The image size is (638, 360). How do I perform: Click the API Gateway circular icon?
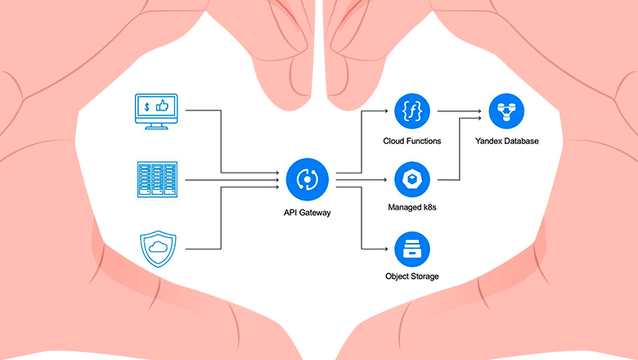(308, 179)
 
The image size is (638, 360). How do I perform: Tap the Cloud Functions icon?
(412, 111)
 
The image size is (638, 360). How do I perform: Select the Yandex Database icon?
(506, 111)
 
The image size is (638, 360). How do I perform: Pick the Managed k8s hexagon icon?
(412, 179)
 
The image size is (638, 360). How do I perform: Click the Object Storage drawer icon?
(412, 250)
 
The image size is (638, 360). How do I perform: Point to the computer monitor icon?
(156, 111)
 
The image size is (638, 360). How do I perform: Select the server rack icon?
(158, 179)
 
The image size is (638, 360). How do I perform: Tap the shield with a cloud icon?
(159, 249)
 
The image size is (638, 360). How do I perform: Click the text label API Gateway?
(308, 213)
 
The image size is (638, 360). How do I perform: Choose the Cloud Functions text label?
(412, 142)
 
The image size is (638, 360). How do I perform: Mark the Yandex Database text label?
(507, 142)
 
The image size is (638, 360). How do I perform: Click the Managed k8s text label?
(412, 208)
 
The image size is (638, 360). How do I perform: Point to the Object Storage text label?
(412, 277)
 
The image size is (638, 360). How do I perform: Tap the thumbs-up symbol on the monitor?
(162, 106)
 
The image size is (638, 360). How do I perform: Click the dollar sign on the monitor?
(147, 106)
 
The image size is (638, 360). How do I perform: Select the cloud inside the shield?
(159, 246)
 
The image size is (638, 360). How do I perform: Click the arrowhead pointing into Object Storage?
(386, 249)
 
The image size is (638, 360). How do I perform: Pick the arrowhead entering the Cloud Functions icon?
(386, 110)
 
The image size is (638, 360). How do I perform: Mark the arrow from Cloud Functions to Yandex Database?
(460, 110)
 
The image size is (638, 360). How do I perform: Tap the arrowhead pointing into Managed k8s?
(385, 179)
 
